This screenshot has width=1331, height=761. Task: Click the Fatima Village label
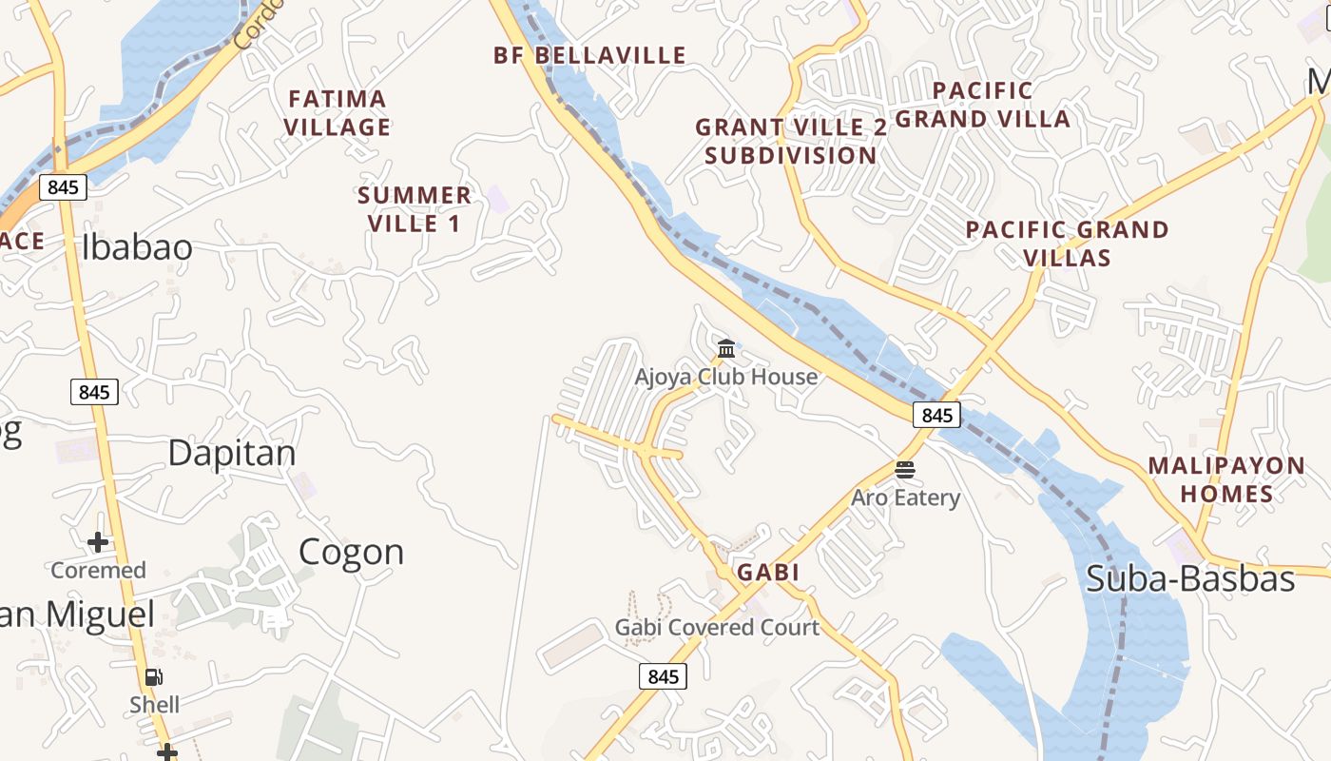pyautogui.click(x=338, y=112)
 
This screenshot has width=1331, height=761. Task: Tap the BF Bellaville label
pyautogui.click(x=589, y=55)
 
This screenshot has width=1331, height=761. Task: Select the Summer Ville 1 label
pyautogui.click(x=415, y=209)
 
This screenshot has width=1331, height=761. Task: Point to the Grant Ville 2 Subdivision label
pyautogui.click(x=791, y=141)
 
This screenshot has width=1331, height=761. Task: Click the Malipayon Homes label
pyautogui.click(x=1226, y=479)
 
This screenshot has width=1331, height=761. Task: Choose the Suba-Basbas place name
pyautogui.click(x=1190, y=578)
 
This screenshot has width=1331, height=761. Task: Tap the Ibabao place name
pyautogui.click(x=137, y=247)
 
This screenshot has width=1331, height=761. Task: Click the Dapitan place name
pyautogui.click(x=232, y=453)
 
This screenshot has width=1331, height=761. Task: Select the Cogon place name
pyautogui.click(x=351, y=552)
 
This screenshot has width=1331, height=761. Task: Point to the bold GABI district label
pyautogui.click(x=767, y=573)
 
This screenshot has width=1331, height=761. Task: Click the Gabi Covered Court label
pyautogui.click(x=717, y=627)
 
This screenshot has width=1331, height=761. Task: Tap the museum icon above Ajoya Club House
pyautogui.click(x=726, y=348)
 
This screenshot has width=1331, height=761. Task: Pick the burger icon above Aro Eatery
pyautogui.click(x=904, y=469)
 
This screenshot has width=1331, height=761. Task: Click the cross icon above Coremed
pyautogui.click(x=98, y=542)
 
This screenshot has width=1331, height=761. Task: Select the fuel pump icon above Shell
pyautogui.click(x=153, y=677)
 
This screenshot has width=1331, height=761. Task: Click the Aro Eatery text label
pyautogui.click(x=905, y=498)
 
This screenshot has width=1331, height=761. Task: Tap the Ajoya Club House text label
pyautogui.click(x=726, y=377)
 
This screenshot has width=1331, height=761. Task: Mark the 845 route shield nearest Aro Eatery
pyautogui.click(x=936, y=415)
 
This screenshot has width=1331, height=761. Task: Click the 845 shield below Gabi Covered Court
pyautogui.click(x=662, y=676)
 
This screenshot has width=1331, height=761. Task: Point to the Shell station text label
pyautogui.click(x=154, y=705)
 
